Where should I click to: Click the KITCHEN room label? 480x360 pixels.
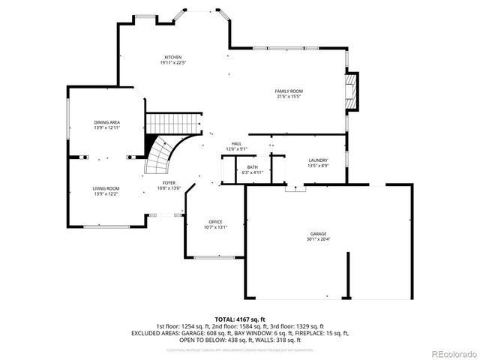173,57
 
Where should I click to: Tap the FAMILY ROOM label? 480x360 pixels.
289,91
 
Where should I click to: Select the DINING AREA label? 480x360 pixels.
106,122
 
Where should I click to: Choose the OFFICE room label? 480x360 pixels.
215,222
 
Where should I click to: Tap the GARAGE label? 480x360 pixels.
319,234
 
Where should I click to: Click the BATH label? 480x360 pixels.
253,167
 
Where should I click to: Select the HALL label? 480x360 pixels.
236,144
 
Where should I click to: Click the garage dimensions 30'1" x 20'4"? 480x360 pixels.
319,239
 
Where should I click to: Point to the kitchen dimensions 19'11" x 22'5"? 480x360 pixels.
173,62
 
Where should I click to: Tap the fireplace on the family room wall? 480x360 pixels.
352,90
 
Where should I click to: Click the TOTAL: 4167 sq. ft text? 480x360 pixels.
240,319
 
